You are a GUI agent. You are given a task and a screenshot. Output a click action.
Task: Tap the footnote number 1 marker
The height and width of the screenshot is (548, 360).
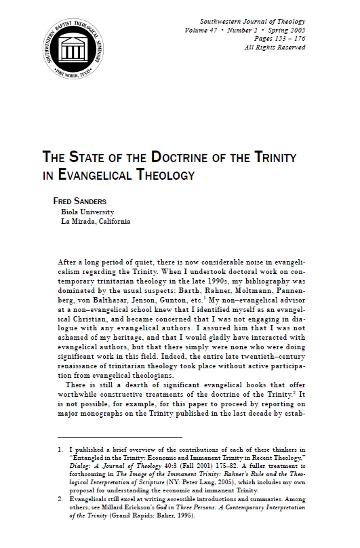coord(60,449)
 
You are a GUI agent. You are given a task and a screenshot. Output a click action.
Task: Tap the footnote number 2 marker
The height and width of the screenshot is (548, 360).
coord(60,498)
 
